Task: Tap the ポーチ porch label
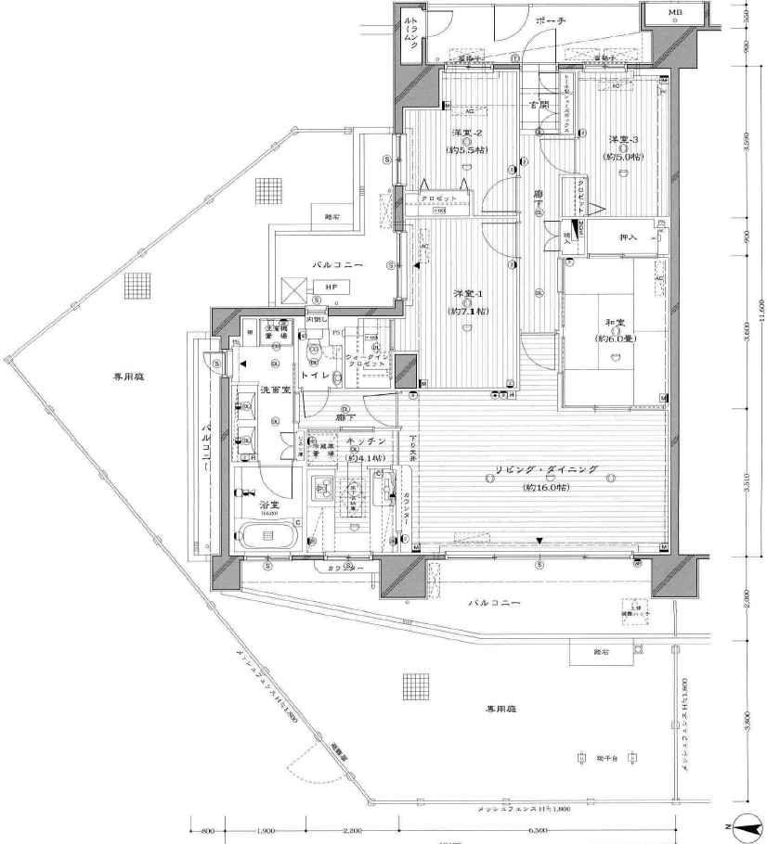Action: tap(551, 19)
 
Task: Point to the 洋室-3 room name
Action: tap(622, 139)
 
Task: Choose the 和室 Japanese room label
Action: tap(613, 323)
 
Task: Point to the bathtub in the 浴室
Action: tap(266, 536)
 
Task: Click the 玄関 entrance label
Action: tap(538, 105)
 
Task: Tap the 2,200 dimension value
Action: tap(351, 831)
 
